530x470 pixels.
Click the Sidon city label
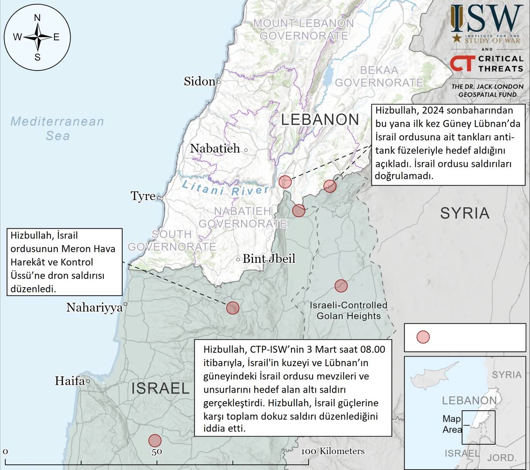pos(199,81)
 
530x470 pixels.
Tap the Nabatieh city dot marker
pos(246,150)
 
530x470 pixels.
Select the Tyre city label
pos(143,196)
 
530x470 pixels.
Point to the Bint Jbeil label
pos(269,259)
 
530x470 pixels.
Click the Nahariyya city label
pos(94,307)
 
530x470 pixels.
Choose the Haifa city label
pos(69,380)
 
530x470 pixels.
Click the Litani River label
pos(225,188)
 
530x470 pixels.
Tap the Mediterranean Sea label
pos(57,128)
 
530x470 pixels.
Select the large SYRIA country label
pos(465,213)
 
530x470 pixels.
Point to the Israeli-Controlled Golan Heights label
pos(348,311)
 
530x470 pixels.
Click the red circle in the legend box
pos(423,337)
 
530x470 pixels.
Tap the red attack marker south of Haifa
pos(155,440)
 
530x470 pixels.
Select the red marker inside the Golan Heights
pos(341,286)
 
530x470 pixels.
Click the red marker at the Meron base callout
pos(233,308)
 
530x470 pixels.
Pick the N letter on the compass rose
pos(38,18)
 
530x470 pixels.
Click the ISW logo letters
pos(486,19)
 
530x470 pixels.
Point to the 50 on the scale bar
pos(157,452)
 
